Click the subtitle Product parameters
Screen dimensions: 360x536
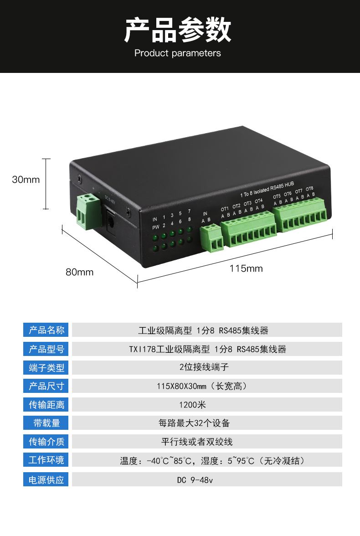pyautogui.click(x=177, y=53)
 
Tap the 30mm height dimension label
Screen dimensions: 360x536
pyautogui.click(x=26, y=180)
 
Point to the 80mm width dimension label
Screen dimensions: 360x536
pyautogui.click(x=79, y=272)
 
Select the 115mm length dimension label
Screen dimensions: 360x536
pyautogui.click(x=246, y=268)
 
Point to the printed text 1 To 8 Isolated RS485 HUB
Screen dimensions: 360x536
pyautogui.click(x=267, y=190)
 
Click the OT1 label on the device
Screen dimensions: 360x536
pyautogui.click(x=225, y=209)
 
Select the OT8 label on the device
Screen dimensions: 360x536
pyautogui.click(x=309, y=189)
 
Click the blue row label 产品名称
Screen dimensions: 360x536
pyautogui.click(x=46, y=330)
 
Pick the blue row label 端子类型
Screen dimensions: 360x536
pyautogui.click(x=46, y=367)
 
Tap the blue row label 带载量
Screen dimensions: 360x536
pyautogui.click(x=46, y=423)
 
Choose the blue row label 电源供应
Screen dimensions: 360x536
pyautogui.click(x=46, y=479)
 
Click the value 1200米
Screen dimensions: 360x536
pyautogui.click(x=192, y=405)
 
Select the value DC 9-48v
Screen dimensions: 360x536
pyautogui.click(x=195, y=480)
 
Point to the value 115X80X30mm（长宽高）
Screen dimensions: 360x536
pyautogui.click(x=202, y=387)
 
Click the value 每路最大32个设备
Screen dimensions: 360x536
pyautogui.click(x=194, y=423)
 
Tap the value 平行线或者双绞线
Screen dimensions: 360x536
pyautogui.click(x=197, y=442)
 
